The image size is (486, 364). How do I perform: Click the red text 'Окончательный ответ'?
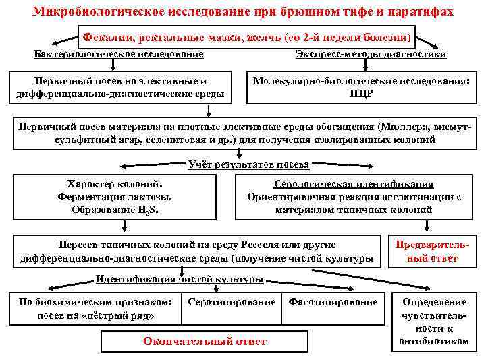205,342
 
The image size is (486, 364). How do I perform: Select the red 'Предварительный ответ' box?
435,251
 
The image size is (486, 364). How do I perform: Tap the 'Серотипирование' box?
232,303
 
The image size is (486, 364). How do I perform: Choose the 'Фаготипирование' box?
333,303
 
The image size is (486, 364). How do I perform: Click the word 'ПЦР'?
361,94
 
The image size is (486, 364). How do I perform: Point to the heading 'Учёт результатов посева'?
248,164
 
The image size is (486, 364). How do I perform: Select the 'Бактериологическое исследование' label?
119,53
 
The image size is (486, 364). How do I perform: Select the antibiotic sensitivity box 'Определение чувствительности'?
433,322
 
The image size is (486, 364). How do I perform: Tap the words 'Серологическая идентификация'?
354,184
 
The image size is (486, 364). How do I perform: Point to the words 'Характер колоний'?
115,184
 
